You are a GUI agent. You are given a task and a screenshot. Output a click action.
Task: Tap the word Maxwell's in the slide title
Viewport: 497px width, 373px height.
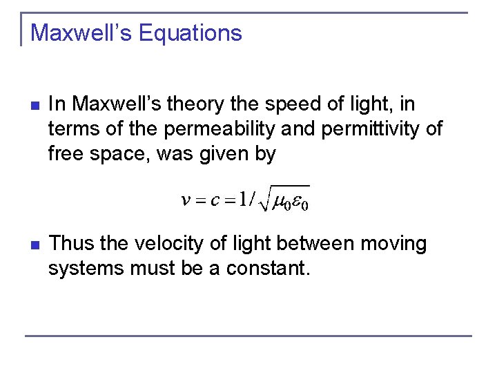tap(77, 32)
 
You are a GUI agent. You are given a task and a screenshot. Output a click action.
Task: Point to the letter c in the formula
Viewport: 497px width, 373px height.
tap(215, 201)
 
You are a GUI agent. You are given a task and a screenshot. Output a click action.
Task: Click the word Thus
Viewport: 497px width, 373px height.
tap(72, 244)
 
